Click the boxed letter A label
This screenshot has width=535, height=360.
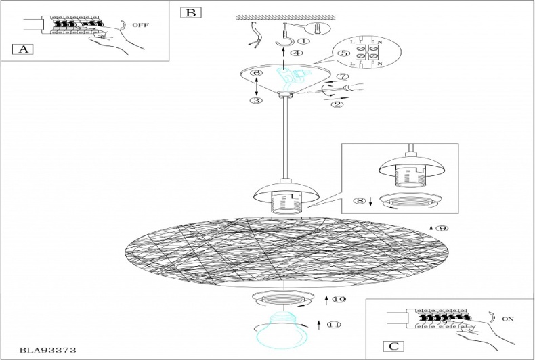coord(22,49)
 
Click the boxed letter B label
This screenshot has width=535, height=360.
coord(190,12)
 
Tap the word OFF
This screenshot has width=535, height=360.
coord(140,24)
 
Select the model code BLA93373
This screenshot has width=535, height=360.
coord(47,350)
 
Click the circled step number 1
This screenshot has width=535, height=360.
coord(304,41)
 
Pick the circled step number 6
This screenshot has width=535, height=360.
coord(255,73)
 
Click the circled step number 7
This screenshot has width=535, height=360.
coord(342,78)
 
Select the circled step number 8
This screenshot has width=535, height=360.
coord(359,201)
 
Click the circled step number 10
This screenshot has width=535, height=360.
coord(340,298)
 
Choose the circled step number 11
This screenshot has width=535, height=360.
coord(332,325)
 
